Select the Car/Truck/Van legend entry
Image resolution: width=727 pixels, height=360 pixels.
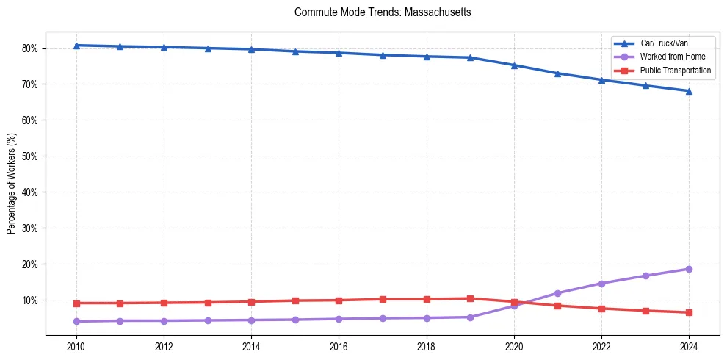tap(663, 43)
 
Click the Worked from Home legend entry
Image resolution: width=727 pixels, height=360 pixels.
tap(673, 57)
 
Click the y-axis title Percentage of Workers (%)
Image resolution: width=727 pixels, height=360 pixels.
tap(12, 184)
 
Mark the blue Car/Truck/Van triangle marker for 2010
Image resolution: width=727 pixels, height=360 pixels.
tap(76, 46)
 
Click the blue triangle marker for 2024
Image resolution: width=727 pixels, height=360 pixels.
tap(689, 91)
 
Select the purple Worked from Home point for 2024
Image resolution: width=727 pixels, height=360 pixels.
tap(689, 269)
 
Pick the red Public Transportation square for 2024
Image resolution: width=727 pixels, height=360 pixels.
tap(689, 312)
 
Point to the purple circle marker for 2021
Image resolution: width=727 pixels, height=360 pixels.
tap(557, 293)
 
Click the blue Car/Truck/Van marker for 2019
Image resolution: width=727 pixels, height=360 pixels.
tap(470, 57)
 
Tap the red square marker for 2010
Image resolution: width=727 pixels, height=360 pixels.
tap(76, 303)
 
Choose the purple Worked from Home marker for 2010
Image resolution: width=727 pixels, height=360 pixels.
tap(76, 321)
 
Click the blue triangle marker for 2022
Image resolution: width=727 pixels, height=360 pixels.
tap(601, 80)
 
